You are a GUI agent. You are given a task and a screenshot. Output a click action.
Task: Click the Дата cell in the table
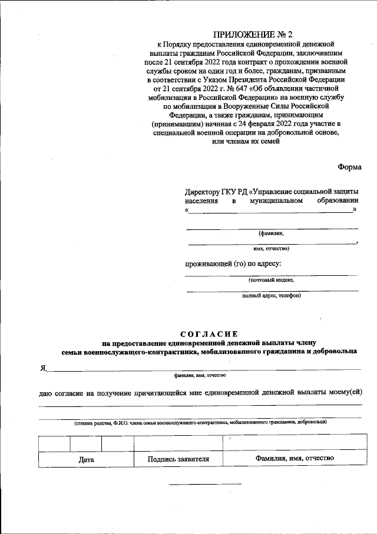(x=86, y=460)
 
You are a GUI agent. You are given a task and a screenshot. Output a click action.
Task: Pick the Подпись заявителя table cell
(x=178, y=459)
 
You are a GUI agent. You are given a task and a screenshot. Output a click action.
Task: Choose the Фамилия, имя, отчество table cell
(x=295, y=458)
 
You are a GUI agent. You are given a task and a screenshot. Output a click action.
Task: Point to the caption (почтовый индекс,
(x=271, y=280)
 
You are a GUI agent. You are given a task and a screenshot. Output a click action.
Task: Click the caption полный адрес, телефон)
(x=271, y=296)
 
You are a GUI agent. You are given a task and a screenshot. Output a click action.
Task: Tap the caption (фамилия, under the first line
(x=272, y=233)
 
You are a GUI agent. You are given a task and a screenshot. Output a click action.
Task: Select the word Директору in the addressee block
(x=203, y=192)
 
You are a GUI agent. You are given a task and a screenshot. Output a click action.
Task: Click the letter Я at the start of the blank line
(x=43, y=368)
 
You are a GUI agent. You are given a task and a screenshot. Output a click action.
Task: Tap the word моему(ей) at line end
(x=346, y=393)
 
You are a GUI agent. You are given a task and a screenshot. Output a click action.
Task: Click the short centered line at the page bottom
(x=206, y=484)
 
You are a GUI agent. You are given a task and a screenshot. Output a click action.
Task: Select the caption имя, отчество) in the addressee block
(x=271, y=248)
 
